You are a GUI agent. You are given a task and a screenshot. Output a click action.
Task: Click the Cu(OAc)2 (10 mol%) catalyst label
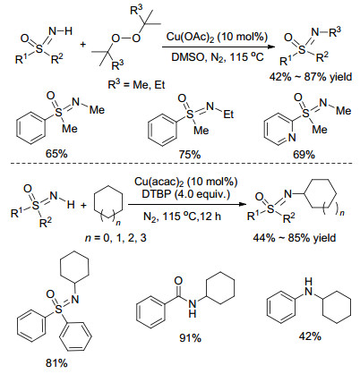pyautogui.click(x=217, y=37)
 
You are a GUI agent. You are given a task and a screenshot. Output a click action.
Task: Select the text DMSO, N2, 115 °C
pyautogui.click(x=218, y=56)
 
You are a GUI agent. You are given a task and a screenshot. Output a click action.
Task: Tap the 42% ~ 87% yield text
pyautogui.click(x=311, y=77)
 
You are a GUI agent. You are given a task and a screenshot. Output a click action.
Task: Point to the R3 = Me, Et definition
pyautogui.click(x=136, y=84)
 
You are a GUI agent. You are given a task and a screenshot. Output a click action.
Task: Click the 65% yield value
pyautogui.click(x=56, y=153)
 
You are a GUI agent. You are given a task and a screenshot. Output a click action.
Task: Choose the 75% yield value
pyautogui.click(x=190, y=154)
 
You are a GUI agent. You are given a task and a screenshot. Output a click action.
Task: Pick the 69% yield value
pyautogui.click(x=304, y=154)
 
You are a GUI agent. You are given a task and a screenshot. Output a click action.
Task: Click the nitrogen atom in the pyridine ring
pyautogui.click(x=292, y=138)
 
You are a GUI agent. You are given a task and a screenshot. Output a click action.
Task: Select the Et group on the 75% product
pyautogui.click(x=228, y=114)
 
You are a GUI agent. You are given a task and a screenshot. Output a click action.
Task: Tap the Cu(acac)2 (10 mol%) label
pyautogui.click(x=185, y=182)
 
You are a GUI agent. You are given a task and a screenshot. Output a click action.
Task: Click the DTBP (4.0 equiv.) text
pyautogui.click(x=185, y=195)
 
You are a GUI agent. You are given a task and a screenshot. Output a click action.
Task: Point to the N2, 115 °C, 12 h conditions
pyautogui.click(x=182, y=216)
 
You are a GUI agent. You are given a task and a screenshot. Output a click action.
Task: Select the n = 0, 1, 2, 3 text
pyautogui.click(x=116, y=238)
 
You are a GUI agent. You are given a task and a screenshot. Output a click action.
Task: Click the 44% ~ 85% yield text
pyautogui.click(x=295, y=238)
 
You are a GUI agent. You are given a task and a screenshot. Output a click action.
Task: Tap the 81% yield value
pyautogui.click(x=56, y=363)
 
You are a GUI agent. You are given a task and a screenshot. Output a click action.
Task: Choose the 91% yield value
pyautogui.click(x=190, y=338)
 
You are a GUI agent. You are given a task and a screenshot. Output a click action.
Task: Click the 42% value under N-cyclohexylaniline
pyautogui.click(x=310, y=336)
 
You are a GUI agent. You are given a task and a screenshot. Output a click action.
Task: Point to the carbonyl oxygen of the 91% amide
pyautogui.click(x=178, y=281)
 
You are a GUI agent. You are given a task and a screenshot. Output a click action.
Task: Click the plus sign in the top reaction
pyautogui.click(x=82, y=45)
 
